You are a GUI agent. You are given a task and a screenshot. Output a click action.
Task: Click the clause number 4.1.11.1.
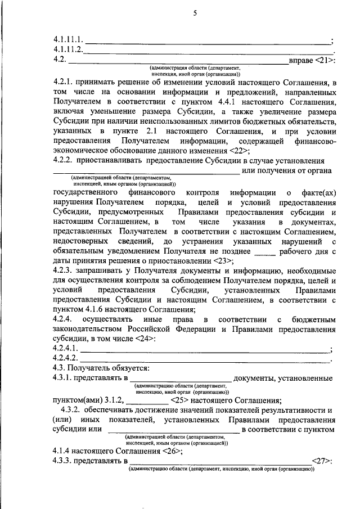pos(68,39)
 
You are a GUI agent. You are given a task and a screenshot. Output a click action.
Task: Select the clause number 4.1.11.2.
pos(68,49)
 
